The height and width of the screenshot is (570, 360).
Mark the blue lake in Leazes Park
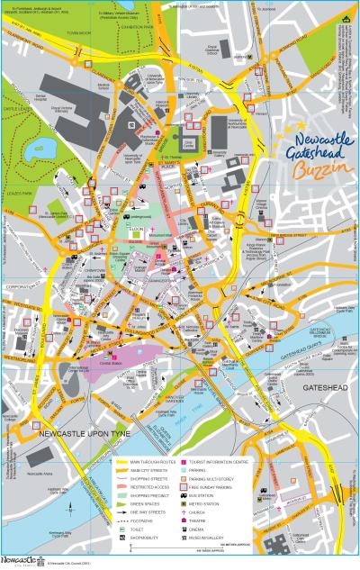40,145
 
